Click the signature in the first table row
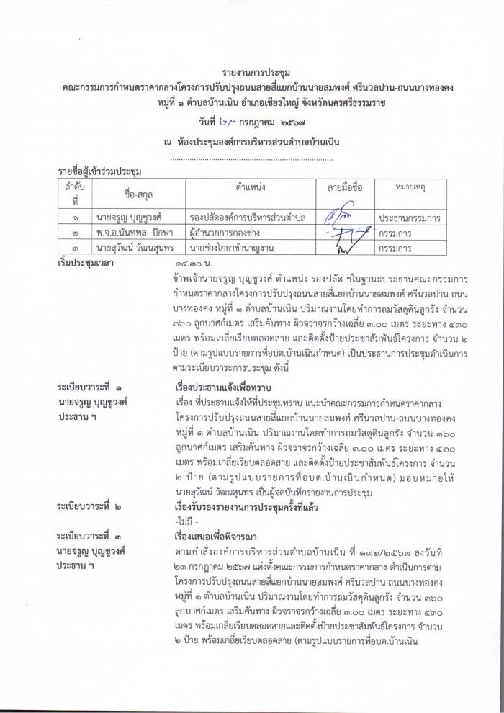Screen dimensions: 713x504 coord(345,215)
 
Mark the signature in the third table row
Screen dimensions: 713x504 coord(345,248)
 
